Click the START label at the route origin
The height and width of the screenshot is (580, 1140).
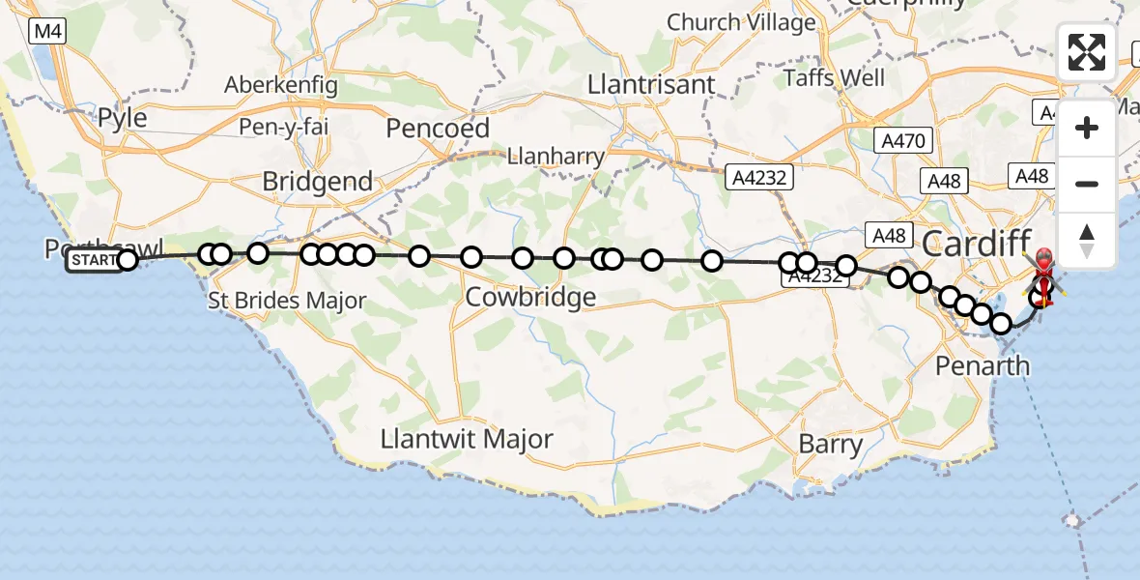pos(94,260)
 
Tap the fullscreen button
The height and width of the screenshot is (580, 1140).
pos(1087,52)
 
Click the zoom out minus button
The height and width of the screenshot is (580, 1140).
pos(1087,184)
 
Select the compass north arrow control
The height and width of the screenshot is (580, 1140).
pos(1087,239)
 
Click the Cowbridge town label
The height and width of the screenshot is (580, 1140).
pos(530,297)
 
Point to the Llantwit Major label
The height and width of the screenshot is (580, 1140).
pos(467,439)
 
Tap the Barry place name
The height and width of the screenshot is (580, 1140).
pos(831,445)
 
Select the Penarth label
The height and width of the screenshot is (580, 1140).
pos(983,366)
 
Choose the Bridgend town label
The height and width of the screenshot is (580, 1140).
pos(317,181)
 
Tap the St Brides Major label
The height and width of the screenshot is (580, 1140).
pos(287,301)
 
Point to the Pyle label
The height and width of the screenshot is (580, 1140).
pos(123,118)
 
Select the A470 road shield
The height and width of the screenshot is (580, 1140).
pos(903,141)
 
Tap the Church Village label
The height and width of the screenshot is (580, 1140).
pos(741,22)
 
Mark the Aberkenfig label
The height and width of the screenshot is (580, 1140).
pos(281,85)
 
